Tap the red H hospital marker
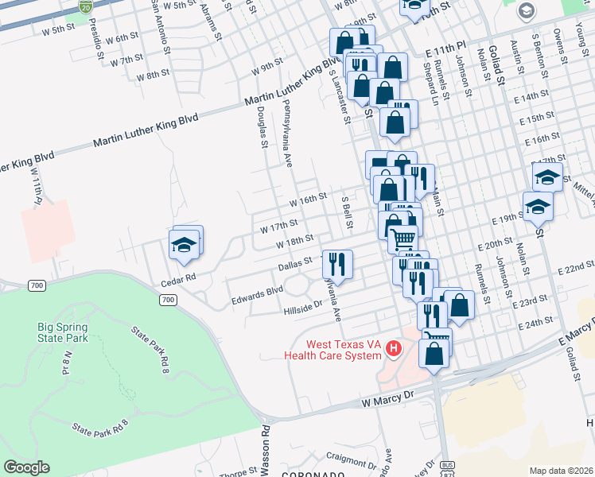[x=393, y=348]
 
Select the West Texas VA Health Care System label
[x=334, y=350]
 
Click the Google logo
[x=26, y=467]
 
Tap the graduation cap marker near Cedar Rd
[x=185, y=246]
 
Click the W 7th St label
[x=126, y=60]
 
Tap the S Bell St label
[x=347, y=212]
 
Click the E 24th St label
[x=535, y=324]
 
